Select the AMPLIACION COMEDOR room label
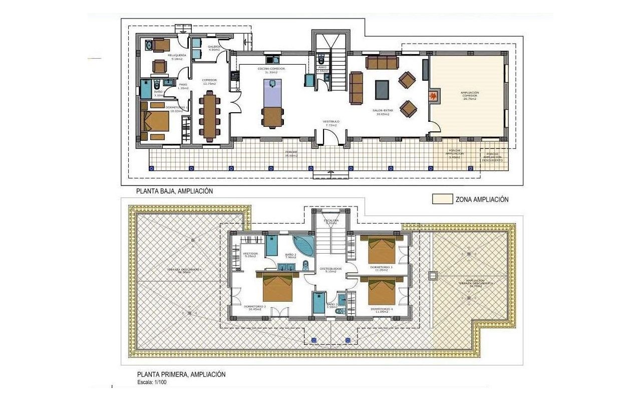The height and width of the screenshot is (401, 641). click(469, 96)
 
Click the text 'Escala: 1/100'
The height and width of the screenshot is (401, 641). click(152, 382)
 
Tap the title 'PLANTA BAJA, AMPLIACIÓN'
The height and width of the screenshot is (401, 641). click(175, 191)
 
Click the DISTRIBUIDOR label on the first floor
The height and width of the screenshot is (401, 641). click(330, 270)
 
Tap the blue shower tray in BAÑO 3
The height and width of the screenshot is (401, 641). click(319, 303)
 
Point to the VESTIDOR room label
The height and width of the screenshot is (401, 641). click(250, 254)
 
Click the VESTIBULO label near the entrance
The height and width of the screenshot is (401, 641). click(331, 121)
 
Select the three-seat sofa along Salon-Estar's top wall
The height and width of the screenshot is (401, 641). click(382, 62)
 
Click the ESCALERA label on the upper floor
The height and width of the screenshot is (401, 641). click(331, 221)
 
